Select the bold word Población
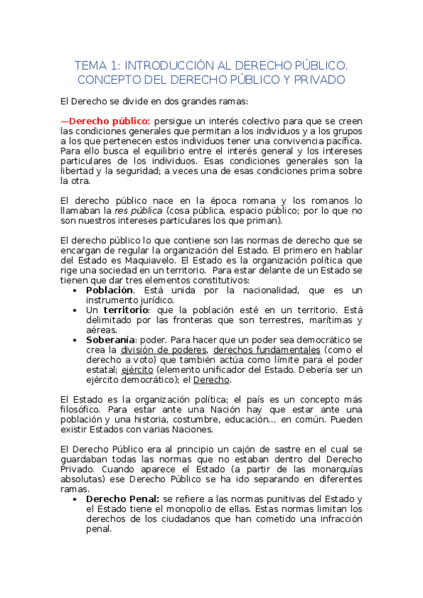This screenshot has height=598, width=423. click(109, 290)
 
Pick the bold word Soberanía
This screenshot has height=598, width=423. click(111, 339)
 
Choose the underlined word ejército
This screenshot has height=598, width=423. click(143, 369)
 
